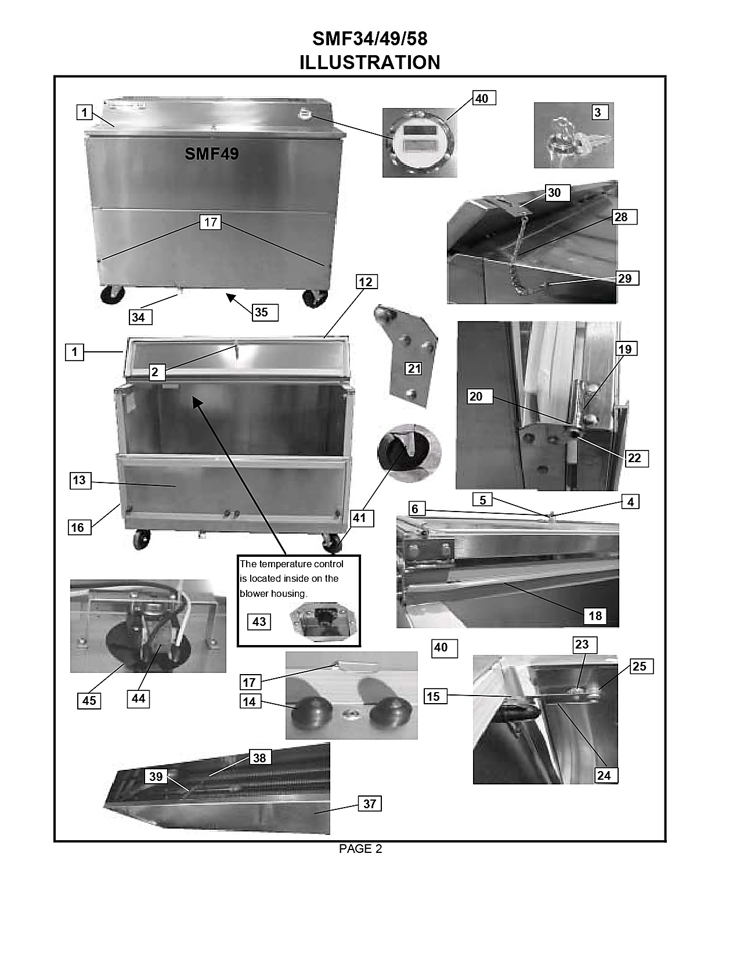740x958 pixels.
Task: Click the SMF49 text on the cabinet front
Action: (x=212, y=154)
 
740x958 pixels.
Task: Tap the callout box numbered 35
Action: (x=265, y=312)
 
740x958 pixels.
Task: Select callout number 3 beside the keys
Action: (x=600, y=112)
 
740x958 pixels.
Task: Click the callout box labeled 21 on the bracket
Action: (x=413, y=368)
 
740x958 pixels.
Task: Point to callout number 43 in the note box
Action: (x=259, y=622)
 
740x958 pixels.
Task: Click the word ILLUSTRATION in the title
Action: (x=370, y=63)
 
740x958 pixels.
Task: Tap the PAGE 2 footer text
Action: (x=360, y=849)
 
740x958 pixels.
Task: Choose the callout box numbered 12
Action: (x=366, y=281)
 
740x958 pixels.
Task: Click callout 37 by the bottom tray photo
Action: (x=369, y=804)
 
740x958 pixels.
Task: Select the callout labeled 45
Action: (x=89, y=701)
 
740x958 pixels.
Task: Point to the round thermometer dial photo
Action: (x=420, y=142)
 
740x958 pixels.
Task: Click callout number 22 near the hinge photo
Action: (x=637, y=458)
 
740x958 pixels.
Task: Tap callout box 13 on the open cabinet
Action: (x=80, y=480)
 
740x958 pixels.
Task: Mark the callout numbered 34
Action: (x=140, y=317)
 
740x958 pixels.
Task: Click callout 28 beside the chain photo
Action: (x=625, y=217)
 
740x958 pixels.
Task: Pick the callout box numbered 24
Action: (x=607, y=775)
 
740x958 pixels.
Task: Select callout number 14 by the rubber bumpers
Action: (x=250, y=701)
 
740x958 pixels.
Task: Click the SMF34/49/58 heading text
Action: (x=370, y=39)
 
